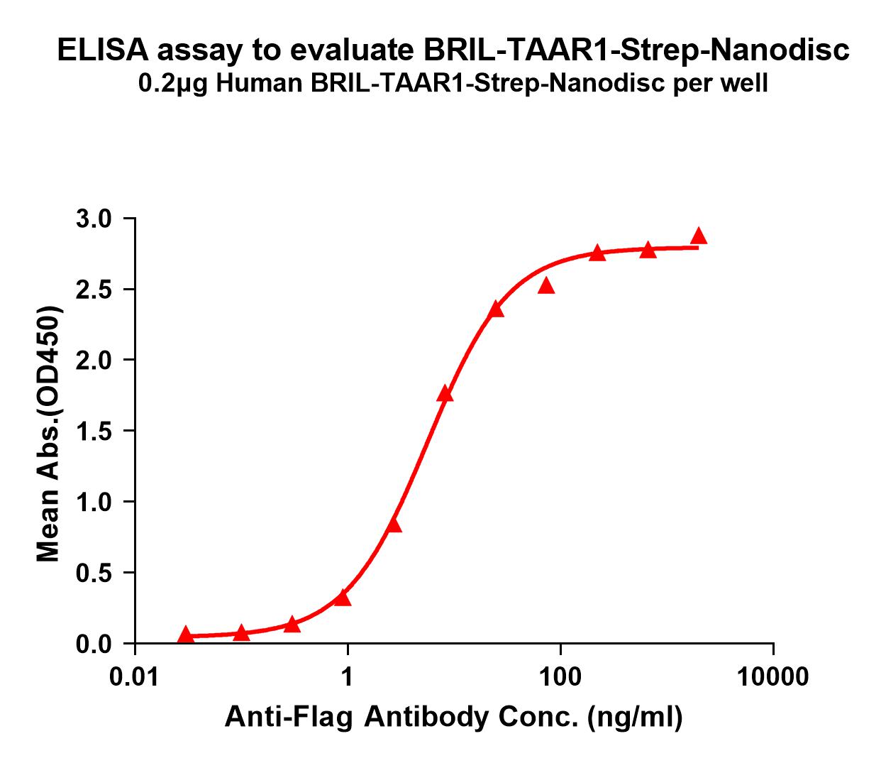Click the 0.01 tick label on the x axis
(x=134, y=677)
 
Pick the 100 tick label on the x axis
(x=560, y=677)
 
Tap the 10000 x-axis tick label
(x=772, y=677)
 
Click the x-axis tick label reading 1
(x=348, y=677)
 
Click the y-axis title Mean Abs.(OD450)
(x=49, y=434)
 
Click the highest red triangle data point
(x=699, y=236)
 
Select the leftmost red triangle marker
(x=186, y=634)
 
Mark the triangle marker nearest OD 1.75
(x=445, y=395)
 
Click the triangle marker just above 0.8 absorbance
(x=394, y=525)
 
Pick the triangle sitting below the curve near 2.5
(x=546, y=286)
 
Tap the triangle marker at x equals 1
(x=343, y=598)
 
